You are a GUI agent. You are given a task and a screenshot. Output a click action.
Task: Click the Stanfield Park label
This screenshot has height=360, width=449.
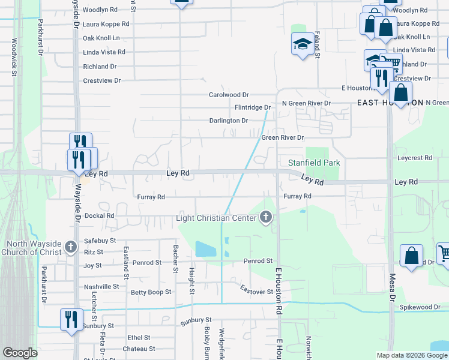click(x=314, y=163)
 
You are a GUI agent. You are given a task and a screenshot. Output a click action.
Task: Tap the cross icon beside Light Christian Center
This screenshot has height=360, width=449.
click(x=267, y=218)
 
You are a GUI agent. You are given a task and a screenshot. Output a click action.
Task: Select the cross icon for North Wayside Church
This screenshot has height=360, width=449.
click(x=70, y=247)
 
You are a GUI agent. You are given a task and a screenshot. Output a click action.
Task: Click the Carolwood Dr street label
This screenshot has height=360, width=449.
click(x=228, y=95)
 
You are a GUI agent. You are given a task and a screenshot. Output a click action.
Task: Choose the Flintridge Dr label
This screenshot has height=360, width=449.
click(x=252, y=107)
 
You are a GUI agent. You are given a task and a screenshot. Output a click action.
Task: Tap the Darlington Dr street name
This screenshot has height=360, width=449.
click(x=228, y=121)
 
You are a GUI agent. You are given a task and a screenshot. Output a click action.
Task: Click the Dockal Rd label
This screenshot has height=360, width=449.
click(x=100, y=215)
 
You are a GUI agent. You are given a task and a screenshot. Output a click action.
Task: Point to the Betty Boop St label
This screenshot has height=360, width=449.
click(x=151, y=292)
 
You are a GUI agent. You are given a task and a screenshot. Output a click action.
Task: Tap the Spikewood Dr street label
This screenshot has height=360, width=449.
click(x=420, y=307)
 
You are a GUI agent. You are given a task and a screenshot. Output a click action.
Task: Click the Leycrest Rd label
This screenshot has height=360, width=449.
click(x=415, y=158)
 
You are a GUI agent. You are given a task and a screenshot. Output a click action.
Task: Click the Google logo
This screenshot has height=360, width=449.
click(x=20, y=353)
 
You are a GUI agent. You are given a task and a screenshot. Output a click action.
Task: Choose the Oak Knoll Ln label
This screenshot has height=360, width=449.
click(x=104, y=38)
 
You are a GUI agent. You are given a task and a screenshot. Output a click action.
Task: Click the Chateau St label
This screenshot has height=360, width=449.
click(x=139, y=349)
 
